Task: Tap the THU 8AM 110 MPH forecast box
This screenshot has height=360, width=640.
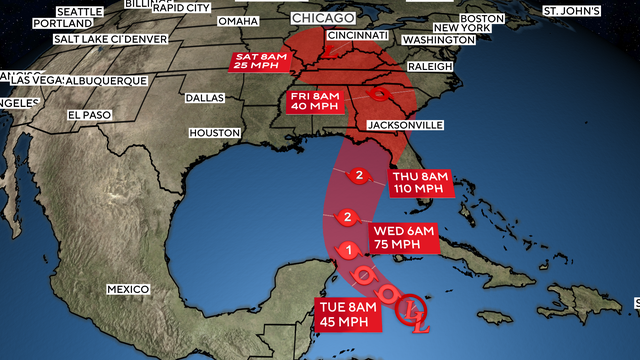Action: click(x=420, y=182)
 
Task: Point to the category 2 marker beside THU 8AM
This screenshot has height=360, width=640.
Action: click(x=359, y=178)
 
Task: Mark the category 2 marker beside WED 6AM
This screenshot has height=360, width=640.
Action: click(x=347, y=217)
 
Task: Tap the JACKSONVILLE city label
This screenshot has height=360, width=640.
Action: click(x=405, y=125)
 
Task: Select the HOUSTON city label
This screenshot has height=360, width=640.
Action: click(x=214, y=133)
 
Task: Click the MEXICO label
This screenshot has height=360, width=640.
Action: click(x=128, y=289)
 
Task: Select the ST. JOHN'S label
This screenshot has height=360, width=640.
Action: click(x=571, y=11)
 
